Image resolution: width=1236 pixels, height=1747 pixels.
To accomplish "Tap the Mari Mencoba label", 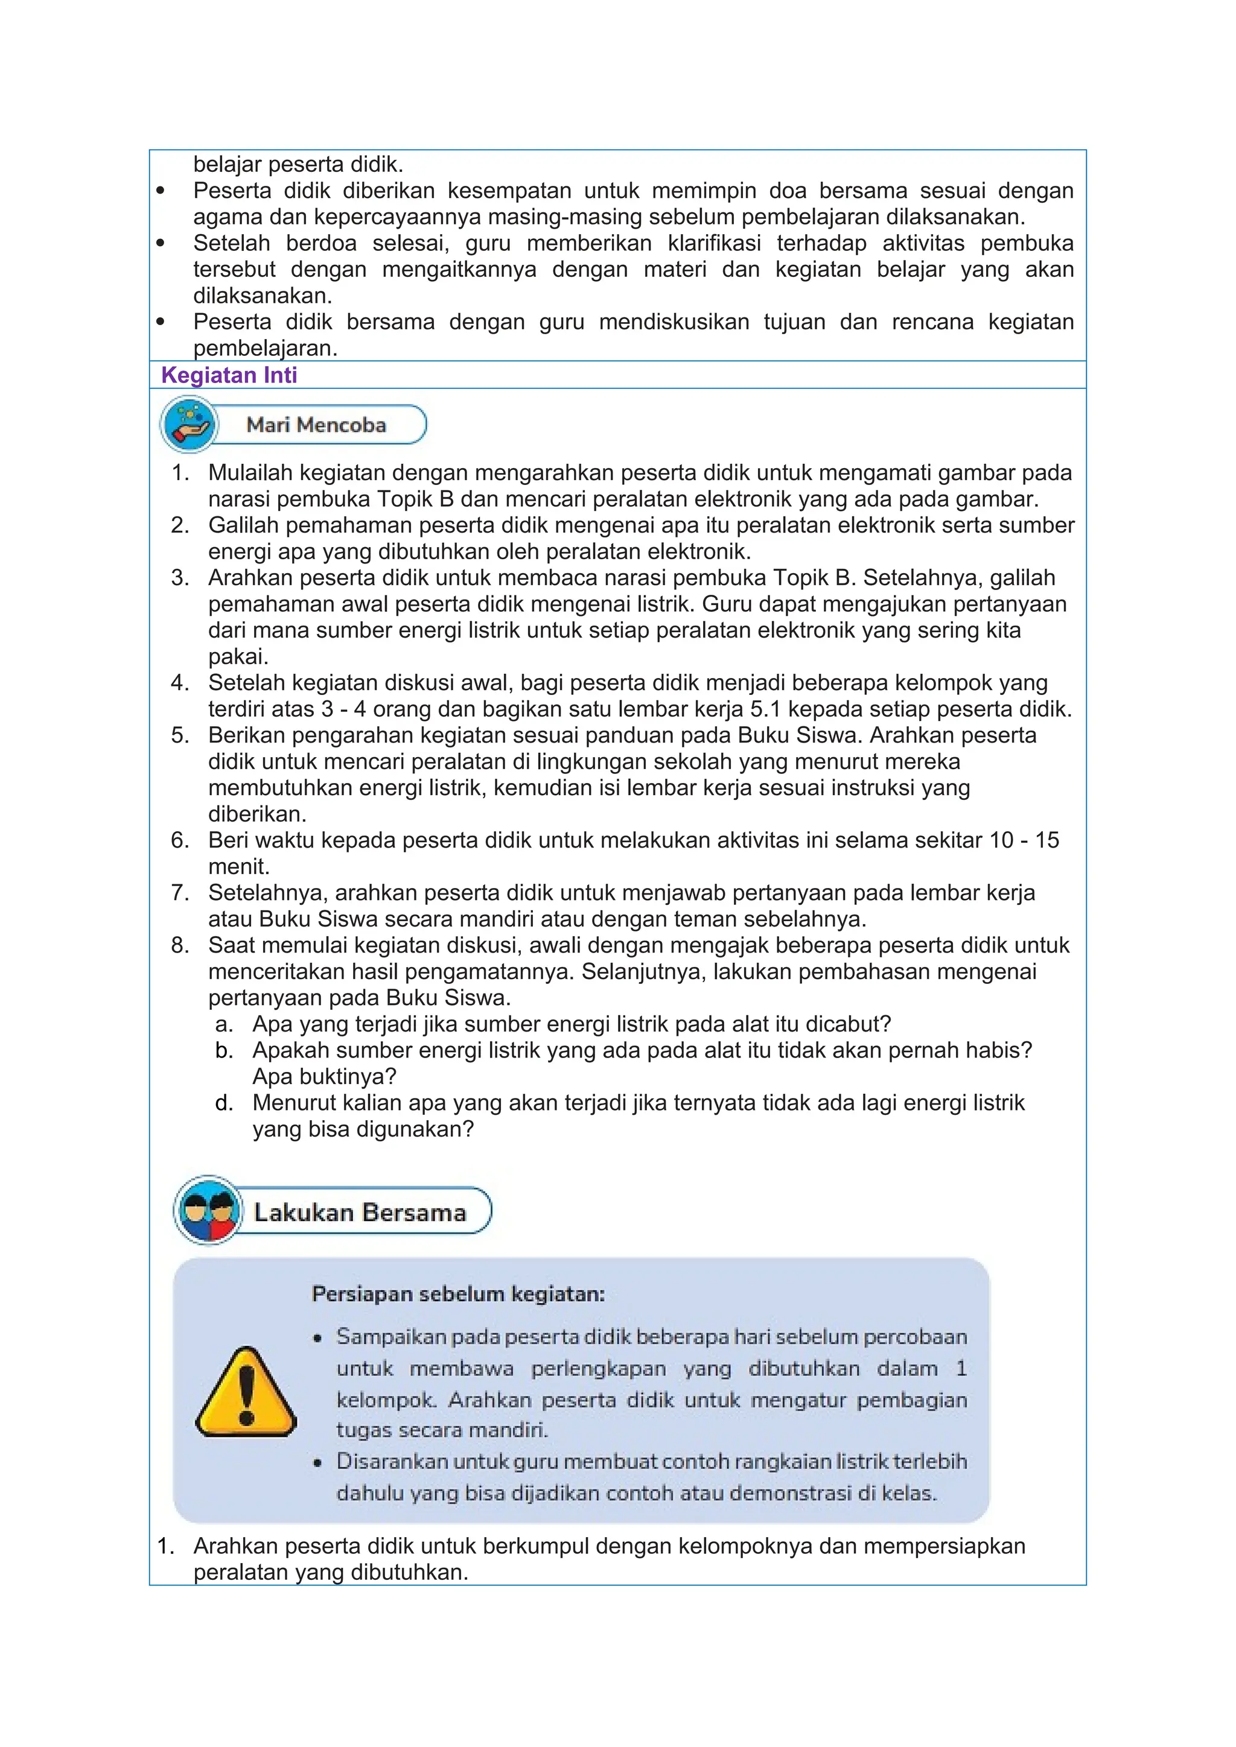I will point(316,425).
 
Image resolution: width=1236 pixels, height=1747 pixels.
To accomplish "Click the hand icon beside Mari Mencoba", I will point(189,425).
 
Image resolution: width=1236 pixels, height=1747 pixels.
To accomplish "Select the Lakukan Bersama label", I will point(359,1212).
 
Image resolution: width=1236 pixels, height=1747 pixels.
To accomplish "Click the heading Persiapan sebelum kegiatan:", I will point(457,1295).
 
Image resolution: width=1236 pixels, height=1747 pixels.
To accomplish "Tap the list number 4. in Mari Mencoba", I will point(180,682).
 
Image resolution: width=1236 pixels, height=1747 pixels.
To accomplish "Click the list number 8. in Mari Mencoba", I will point(180,945).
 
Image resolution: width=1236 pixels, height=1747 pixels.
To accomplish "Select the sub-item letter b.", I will point(224,1050).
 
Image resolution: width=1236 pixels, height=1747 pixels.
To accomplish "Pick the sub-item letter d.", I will point(224,1103).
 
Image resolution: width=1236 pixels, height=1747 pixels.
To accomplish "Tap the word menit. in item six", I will point(239,867).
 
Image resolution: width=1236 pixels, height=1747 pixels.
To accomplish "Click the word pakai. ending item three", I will point(238,657).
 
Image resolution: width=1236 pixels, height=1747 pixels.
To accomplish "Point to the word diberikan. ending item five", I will point(257,814).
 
